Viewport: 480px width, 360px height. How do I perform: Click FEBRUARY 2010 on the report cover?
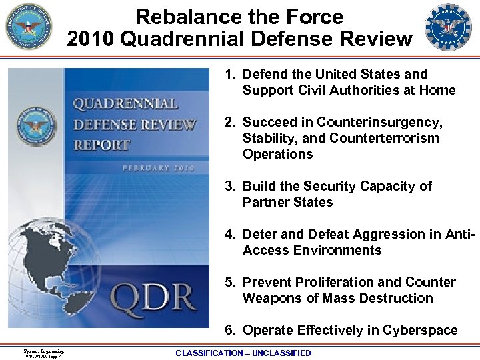click(x=158, y=168)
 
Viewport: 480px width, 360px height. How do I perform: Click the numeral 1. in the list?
click(x=230, y=75)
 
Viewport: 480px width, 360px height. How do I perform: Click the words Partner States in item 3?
click(x=287, y=203)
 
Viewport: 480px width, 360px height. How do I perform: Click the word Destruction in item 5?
click(x=395, y=299)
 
